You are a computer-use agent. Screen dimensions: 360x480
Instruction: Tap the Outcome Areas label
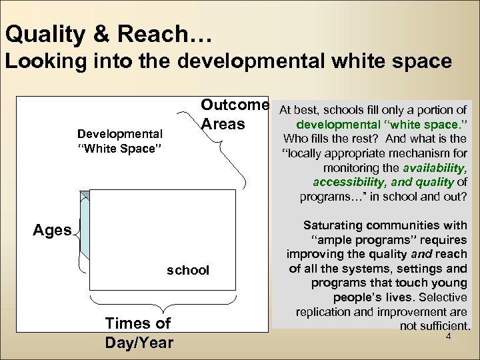coord(235,115)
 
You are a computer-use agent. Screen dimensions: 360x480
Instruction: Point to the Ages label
coord(52,231)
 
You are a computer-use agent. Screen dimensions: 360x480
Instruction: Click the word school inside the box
coord(187,270)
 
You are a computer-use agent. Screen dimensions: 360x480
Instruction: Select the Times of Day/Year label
coord(138,333)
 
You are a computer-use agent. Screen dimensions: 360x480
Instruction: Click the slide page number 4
coord(449,338)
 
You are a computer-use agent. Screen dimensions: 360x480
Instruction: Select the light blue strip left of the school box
coord(85,233)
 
